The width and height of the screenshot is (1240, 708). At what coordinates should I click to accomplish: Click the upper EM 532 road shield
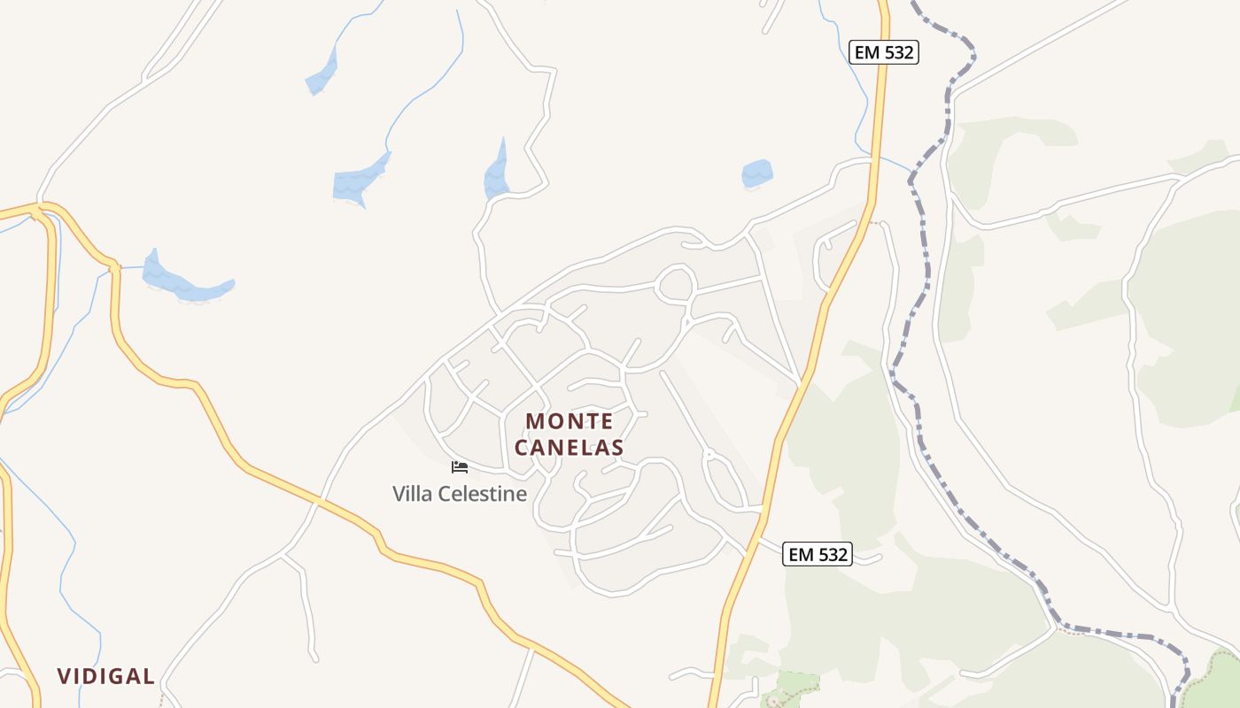(x=883, y=52)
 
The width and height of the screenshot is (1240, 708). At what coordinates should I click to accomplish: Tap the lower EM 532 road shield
(x=818, y=555)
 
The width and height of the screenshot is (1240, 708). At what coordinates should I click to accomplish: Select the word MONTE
(x=569, y=421)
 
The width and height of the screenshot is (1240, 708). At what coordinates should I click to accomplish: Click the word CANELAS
(x=569, y=448)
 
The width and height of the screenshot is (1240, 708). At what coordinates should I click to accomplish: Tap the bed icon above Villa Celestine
(x=459, y=466)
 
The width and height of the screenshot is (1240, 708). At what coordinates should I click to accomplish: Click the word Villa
(x=412, y=494)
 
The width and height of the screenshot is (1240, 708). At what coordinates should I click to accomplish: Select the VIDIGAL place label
(x=106, y=676)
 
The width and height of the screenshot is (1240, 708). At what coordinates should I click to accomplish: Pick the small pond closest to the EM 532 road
(x=756, y=173)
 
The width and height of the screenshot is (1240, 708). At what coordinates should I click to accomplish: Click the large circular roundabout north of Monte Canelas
(x=676, y=284)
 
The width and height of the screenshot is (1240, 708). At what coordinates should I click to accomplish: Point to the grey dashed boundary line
(x=921, y=265)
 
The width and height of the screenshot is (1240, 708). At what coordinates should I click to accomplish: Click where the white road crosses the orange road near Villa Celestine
(x=316, y=501)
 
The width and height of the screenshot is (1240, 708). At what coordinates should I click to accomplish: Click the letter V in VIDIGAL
(x=64, y=676)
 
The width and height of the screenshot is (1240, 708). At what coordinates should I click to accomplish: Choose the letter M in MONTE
(x=537, y=421)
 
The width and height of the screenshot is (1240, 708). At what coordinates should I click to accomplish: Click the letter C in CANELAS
(x=522, y=448)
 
